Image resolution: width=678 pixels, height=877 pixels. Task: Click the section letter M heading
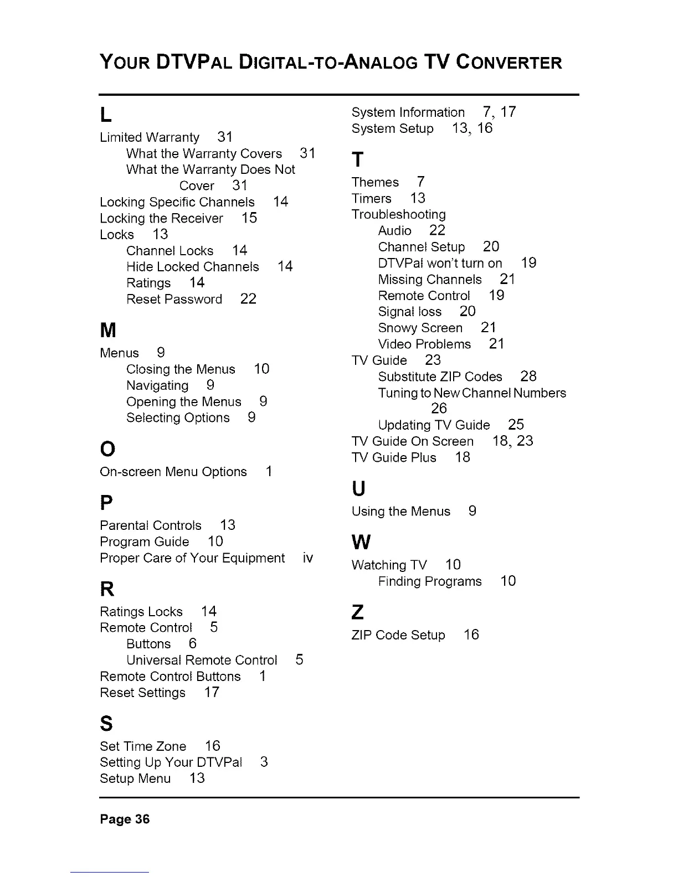click(x=108, y=331)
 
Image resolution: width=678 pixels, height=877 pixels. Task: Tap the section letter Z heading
click(x=358, y=612)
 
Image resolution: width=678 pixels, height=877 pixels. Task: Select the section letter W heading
click(x=361, y=542)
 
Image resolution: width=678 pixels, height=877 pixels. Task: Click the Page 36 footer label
click(x=125, y=819)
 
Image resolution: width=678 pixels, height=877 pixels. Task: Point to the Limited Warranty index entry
click(x=150, y=137)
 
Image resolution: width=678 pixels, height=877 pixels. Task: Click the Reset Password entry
click(x=174, y=300)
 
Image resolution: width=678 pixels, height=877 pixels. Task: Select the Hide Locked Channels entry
click(x=192, y=267)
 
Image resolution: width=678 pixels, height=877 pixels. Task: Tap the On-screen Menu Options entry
click(x=173, y=472)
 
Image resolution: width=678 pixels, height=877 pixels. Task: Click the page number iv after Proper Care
click(x=308, y=558)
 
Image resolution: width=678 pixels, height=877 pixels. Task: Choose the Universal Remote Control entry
click(x=202, y=661)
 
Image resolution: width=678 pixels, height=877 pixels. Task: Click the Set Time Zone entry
click(x=143, y=746)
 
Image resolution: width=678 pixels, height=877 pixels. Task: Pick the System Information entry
click(x=408, y=112)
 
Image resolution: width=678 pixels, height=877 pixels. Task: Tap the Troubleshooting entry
click(x=398, y=214)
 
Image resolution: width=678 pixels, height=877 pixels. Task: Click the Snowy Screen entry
click(x=420, y=328)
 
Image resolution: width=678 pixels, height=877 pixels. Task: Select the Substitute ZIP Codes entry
click(x=440, y=377)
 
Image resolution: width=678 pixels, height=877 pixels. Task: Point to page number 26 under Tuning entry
click(x=439, y=409)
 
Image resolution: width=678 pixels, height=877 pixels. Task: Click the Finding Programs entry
click(x=430, y=581)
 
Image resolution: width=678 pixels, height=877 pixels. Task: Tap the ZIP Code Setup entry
click(x=398, y=635)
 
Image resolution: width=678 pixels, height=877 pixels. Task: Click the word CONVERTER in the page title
click(x=509, y=62)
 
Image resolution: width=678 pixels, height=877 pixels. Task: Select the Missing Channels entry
click(x=430, y=280)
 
